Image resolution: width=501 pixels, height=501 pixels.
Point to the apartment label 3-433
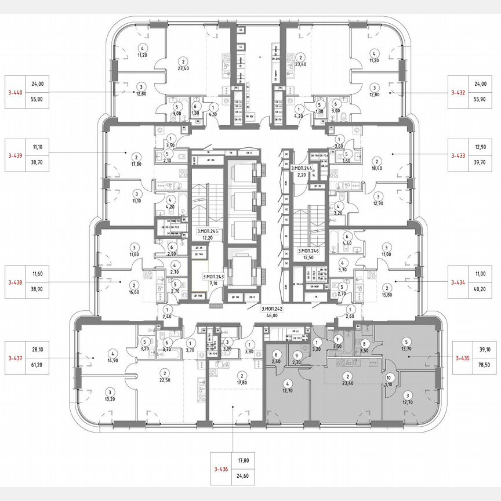tap(461, 155)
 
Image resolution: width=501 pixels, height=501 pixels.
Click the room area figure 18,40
tap(377, 168)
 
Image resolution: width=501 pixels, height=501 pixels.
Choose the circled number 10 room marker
tap(389, 377)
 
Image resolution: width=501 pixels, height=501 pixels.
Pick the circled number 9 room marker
tap(296, 355)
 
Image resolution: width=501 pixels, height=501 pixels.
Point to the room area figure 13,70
tap(406, 348)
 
